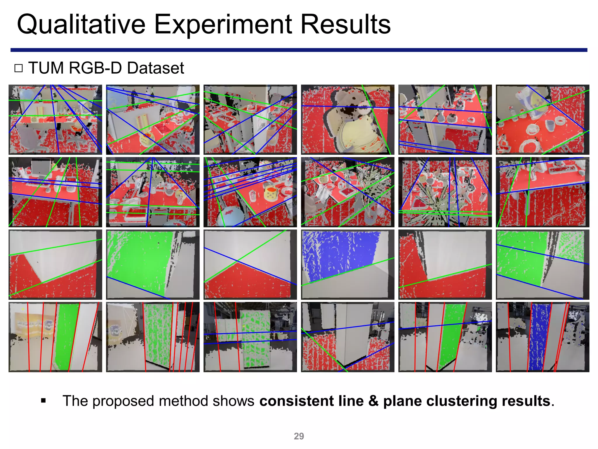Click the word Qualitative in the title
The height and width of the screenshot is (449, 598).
(x=81, y=25)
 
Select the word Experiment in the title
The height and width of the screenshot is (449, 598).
(x=223, y=25)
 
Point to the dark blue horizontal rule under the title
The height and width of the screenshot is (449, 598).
(x=299, y=50)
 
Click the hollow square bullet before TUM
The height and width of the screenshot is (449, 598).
(x=18, y=68)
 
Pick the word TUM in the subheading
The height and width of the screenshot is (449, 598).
(x=46, y=68)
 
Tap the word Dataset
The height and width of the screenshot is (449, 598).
(x=155, y=68)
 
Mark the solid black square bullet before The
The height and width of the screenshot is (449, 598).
(x=44, y=400)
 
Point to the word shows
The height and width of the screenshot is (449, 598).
(x=233, y=401)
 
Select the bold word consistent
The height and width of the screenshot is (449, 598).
(x=296, y=401)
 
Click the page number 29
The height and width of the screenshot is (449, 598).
(x=299, y=436)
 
